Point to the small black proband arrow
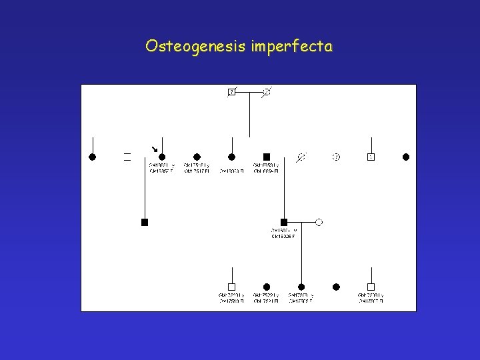(154, 149)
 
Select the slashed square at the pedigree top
(231, 91)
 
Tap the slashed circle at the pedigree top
(267, 91)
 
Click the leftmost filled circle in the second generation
(93, 157)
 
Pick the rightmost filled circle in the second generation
(405, 157)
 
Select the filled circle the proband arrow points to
(162, 157)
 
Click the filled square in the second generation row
(267, 157)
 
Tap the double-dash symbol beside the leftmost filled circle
(127, 157)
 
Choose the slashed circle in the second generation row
(301, 157)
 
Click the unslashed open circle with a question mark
(336, 157)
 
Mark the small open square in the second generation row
(371, 157)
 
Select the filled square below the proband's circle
(145, 222)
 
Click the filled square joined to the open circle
(284, 222)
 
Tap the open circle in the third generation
(319, 222)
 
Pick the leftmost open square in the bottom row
(231, 287)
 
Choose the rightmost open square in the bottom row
(371, 287)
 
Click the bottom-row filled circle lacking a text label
(336, 287)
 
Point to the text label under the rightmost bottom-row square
(371, 298)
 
